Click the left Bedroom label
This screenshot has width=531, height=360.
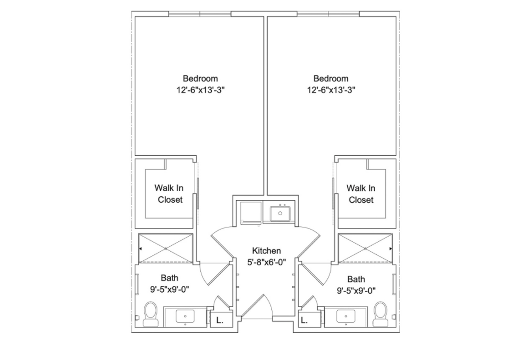[200, 78]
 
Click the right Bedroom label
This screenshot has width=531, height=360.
[331, 78]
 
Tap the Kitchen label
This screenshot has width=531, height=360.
[266, 250]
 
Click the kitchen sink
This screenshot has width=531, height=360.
[280, 213]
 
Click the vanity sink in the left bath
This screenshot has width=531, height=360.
[185, 316]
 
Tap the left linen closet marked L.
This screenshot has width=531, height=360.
[219, 320]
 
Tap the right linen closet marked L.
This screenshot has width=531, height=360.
[304, 320]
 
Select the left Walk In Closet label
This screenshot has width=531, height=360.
[169, 194]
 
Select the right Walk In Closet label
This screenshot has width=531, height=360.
[361, 194]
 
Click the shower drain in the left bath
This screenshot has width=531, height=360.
[166, 248]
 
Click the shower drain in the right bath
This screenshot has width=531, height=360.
[365, 248]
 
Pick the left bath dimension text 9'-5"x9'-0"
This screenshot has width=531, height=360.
[170, 290]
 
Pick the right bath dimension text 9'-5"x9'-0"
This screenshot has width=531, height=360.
[356, 291]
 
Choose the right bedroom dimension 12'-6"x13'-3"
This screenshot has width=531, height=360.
[331, 90]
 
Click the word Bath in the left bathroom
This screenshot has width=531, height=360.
[169, 278]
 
